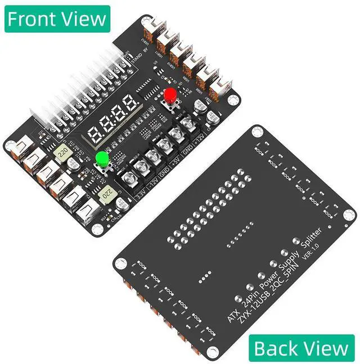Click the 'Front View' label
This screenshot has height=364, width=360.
coord(57,18)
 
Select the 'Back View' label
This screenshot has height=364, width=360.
coord(301,348)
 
